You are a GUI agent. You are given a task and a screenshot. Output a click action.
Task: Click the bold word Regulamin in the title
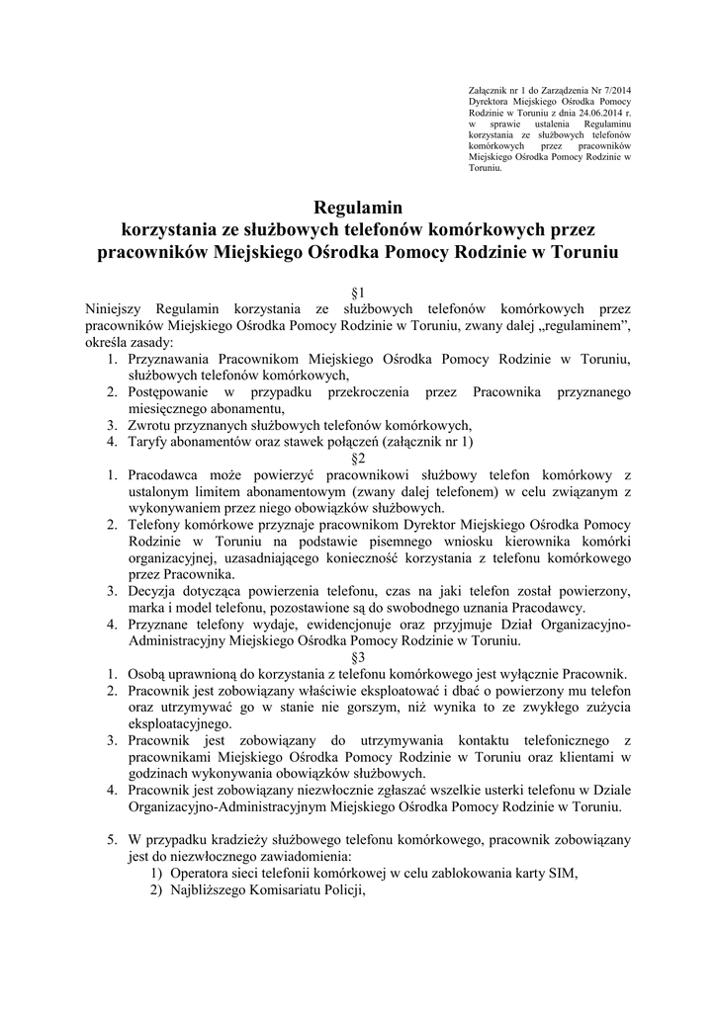pos(358,209)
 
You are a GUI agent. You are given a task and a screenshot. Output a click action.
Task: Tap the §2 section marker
pos(358,459)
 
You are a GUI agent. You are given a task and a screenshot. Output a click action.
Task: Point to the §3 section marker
pos(358,657)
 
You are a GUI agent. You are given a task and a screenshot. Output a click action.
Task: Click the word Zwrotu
pos(150,425)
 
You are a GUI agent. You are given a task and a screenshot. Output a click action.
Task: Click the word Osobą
pos(151,674)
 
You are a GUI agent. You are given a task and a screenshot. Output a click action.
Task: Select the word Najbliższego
pos(212,889)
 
